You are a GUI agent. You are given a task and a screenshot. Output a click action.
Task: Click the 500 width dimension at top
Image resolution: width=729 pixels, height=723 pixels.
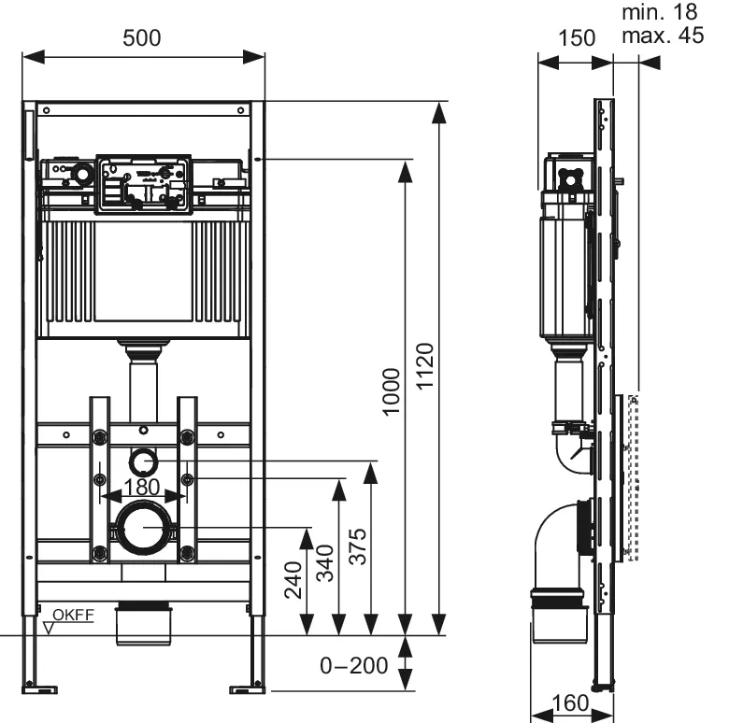(x=142, y=37)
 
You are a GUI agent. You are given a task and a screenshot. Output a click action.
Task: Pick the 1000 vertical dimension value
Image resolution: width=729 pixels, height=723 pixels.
(x=392, y=392)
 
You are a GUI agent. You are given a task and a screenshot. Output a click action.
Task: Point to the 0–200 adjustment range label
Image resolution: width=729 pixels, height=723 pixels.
(x=353, y=666)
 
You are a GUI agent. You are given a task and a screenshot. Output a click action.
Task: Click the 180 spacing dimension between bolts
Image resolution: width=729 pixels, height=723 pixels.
(x=142, y=487)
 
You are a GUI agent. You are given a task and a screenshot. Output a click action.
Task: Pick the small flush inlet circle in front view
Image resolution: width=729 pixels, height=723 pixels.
(x=142, y=461)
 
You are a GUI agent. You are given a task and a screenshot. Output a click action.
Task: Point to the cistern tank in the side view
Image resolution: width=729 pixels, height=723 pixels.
(x=561, y=276)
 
